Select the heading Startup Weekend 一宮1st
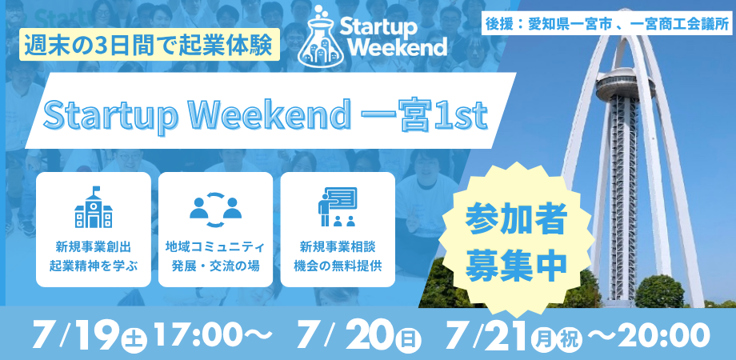[x=265, y=116]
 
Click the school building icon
[x=93, y=207]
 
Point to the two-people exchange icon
[x=215, y=207]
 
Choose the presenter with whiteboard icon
[x=337, y=207]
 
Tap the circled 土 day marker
[x=132, y=339]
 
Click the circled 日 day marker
[x=408, y=339]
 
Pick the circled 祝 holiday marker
[x=569, y=339]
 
